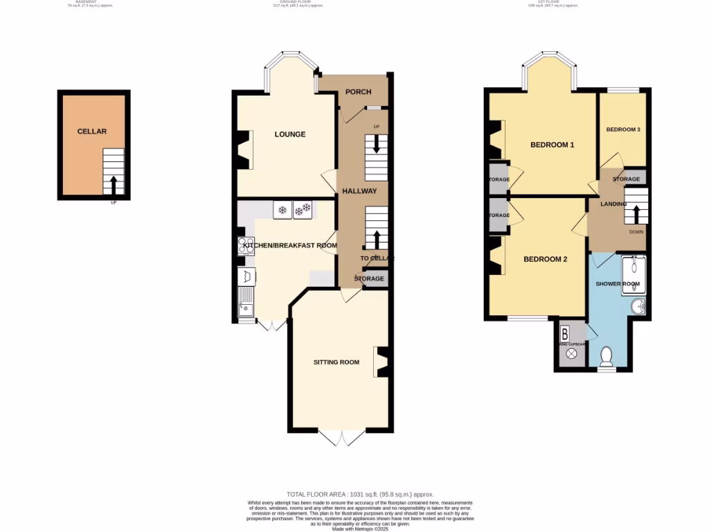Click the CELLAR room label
coord(92,131)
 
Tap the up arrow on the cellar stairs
coord(114,184)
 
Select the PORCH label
coord(358,92)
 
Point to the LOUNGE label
coord(289,134)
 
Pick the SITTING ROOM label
coord(336,362)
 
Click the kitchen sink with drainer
coord(245,303)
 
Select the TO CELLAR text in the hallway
coord(376,258)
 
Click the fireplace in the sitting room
coord(382,362)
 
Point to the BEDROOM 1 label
coord(553,145)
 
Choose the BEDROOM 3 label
coord(623,130)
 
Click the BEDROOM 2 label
coord(545,260)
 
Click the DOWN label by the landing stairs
coord(636,232)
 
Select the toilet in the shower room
coord(607,357)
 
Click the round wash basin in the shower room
coord(638,307)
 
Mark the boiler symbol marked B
coord(564,332)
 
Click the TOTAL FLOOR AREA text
coord(360,494)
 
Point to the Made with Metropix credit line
coord(360,529)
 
